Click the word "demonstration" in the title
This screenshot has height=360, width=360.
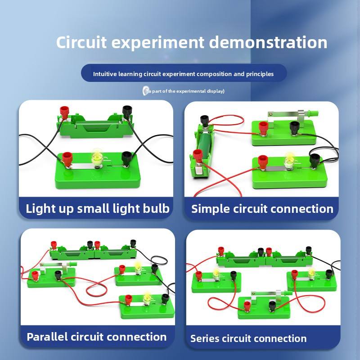point(268,43)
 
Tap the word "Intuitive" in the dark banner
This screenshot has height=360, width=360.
point(105,74)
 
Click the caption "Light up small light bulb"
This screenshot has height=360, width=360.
point(98,208)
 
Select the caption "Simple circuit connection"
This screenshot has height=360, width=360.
point(262,209)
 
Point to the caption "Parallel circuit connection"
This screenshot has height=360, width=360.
point(97,337)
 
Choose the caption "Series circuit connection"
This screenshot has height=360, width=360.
point(248,338)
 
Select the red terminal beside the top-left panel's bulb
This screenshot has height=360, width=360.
point(68,158)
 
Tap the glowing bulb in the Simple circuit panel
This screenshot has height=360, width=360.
point(289,159)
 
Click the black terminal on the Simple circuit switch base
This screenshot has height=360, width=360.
point(295,127)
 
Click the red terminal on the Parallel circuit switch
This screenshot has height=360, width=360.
point(35,274)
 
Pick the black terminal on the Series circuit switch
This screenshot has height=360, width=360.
point(272,305)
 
